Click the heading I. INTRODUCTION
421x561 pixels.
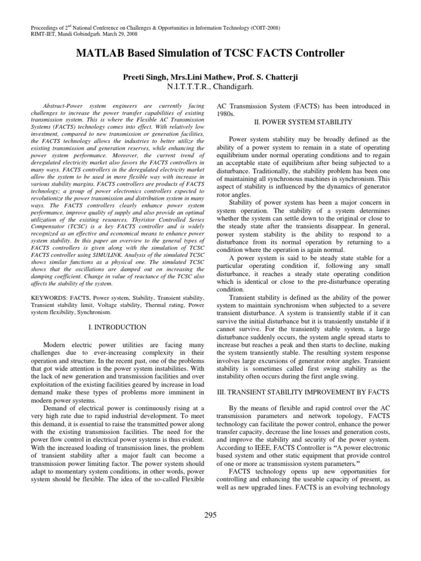(x=117, y=327)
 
